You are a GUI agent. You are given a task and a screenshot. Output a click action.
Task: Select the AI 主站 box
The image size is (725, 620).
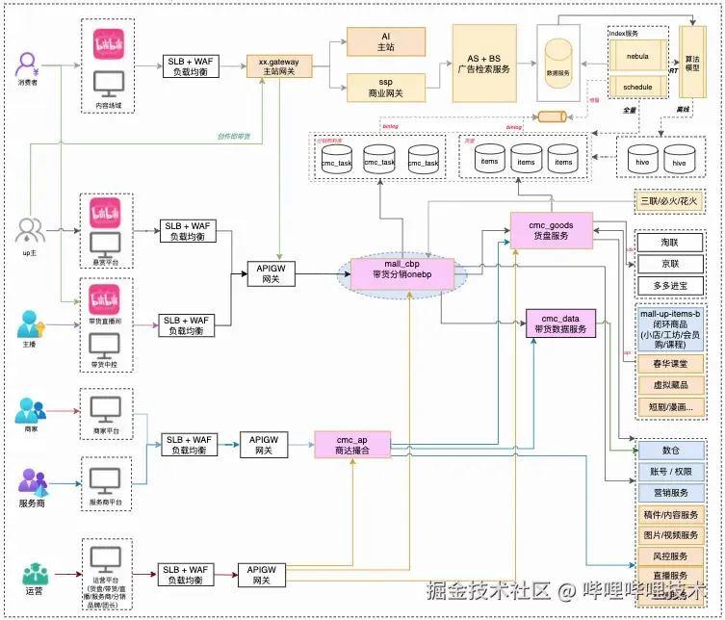pos(386,41)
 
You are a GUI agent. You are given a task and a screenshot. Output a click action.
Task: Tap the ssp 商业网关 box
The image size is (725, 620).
pos(386,88)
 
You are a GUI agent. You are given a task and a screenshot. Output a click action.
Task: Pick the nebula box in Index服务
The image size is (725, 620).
pos(637,56)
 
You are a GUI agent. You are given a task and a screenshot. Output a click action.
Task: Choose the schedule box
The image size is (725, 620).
pos(637,87)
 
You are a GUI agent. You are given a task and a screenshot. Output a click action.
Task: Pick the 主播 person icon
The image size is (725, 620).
pos(30,323)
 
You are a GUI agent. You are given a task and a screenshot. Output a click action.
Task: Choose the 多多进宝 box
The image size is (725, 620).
pos(669,287)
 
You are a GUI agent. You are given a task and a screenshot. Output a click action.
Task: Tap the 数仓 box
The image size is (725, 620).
pos(671,451)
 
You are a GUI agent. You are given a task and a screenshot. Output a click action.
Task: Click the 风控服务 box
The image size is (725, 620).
pos(671,556)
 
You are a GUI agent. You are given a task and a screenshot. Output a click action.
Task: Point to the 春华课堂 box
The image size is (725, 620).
pos(671,363)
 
